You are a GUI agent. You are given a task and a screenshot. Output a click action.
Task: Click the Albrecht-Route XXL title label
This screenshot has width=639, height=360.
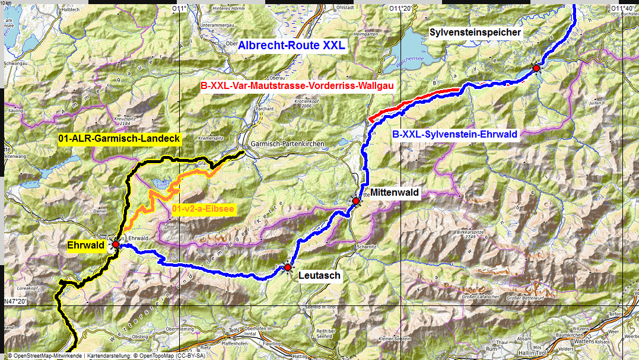(291, 45)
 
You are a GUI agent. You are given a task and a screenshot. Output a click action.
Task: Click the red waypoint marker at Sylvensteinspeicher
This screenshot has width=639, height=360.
(536, 68)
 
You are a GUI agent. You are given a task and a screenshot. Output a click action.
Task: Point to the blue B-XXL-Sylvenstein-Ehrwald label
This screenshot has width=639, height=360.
(455, 135)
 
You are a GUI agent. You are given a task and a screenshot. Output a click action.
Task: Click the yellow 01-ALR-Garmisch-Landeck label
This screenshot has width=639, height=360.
(119, 139)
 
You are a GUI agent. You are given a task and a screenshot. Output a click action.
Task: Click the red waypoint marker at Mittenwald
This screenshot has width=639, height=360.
(355, 201)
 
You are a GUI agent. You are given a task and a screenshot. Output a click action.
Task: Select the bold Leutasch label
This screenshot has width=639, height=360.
(320, 275)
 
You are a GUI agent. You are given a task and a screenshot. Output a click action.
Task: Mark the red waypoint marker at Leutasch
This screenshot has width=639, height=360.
(288, 267)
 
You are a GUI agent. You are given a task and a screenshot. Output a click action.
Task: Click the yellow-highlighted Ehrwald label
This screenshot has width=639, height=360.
(86, 244)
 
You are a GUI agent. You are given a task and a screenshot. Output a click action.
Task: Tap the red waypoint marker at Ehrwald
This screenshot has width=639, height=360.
(115, 244)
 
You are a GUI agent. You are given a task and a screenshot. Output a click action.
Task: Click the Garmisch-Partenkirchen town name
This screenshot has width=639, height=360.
(285, 144)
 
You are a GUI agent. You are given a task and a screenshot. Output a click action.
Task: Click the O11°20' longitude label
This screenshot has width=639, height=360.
(400, 8)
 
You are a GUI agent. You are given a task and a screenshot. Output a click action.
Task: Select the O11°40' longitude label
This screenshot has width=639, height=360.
(624, 8)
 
